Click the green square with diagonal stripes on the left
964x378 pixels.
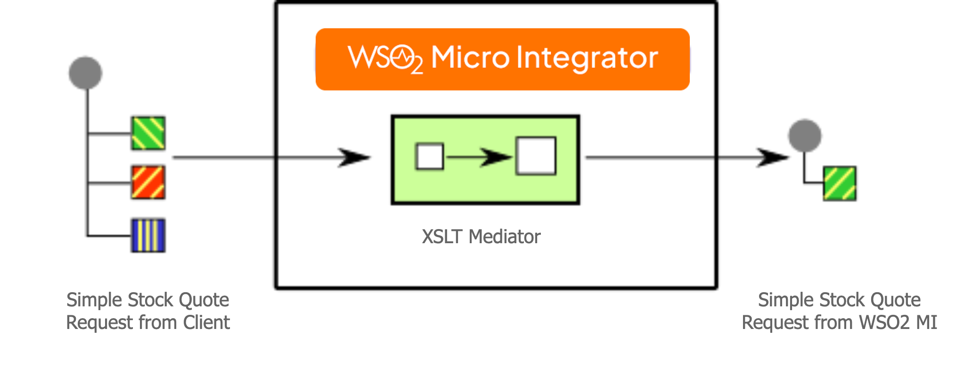point(148,133)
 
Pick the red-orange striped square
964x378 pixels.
point(148,182)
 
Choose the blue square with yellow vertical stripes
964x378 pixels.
point(148,235)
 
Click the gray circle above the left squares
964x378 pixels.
point(85,73)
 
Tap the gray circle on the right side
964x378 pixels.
point(805,136)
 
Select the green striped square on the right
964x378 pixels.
point(840,183)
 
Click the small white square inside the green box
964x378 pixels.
point(429,156)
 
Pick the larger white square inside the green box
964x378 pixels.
point(536,156)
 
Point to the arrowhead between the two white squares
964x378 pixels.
point(497,157)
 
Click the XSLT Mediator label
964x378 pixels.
point(481,237)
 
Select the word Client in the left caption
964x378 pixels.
point(206,323)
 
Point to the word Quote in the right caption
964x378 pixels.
point(895,300)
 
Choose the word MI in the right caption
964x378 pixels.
point(926,323)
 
